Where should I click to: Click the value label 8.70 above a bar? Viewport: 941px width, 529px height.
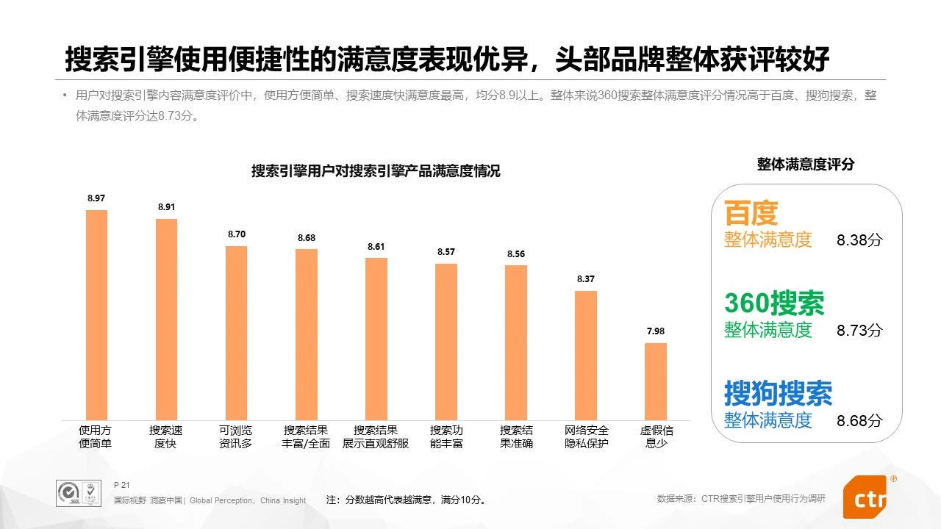(x=236, y=234)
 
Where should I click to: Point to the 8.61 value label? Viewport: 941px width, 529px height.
(x=376, y=247)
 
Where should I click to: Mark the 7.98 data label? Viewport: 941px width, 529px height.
(x=655, y=331)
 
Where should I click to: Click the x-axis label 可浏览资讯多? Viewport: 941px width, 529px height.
(x=235, y=436)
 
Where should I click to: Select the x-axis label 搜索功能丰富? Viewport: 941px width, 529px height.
(x=446, y=436)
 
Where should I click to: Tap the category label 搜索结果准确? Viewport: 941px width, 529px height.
(x=516, y=436)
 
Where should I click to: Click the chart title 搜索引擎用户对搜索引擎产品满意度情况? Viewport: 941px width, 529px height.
(x=376, y=171)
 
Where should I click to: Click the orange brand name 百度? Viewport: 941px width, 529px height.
(x=751, y=213)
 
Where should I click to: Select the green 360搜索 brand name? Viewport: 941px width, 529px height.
(x=774, y=303)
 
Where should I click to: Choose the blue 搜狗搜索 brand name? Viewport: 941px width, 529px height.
(x=778, y=393)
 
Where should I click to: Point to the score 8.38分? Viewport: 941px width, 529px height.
(x=859, y=240)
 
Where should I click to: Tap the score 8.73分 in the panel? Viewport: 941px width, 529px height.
(x=859, y=330)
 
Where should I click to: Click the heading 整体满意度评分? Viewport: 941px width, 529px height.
(x=806, y=165)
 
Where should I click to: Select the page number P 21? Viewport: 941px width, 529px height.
(x=122, y=485)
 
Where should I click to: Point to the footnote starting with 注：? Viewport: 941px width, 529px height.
(x=406, y=500)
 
